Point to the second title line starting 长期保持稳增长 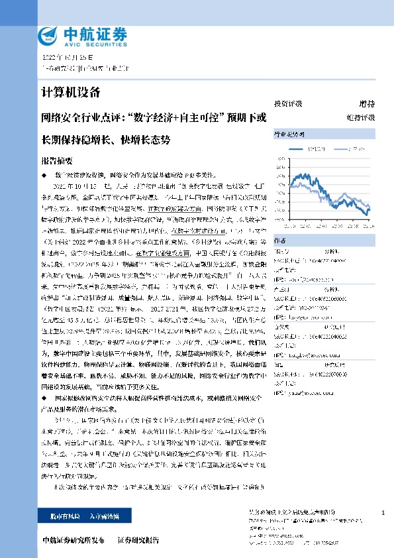106,140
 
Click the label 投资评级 288,104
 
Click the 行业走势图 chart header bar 324,135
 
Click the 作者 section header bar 324,241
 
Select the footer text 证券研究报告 138,541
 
